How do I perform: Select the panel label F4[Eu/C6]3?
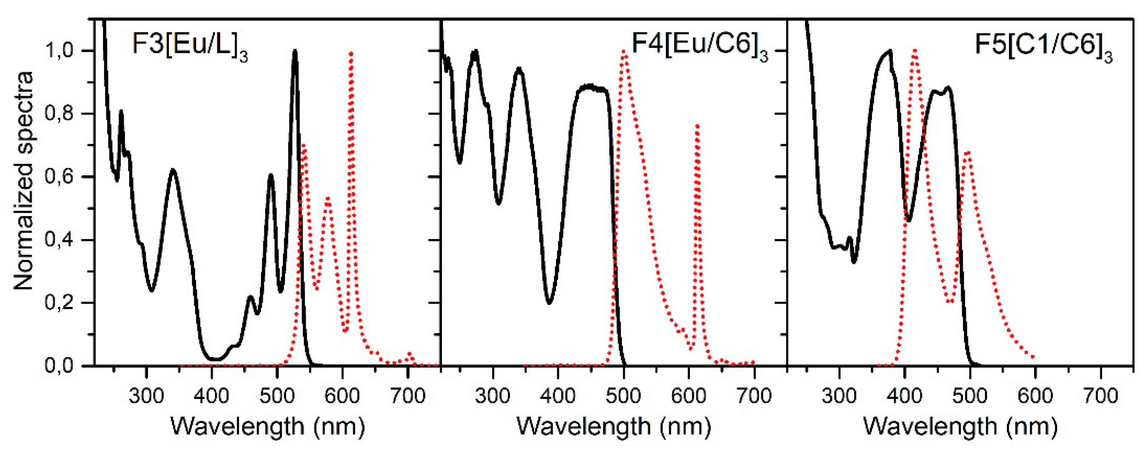coord(700,48)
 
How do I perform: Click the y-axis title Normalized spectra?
coord(23,180)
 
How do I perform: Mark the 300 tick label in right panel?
coord(839,395)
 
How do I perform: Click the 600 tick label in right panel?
coord(1035,395)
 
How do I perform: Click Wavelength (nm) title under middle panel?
coord(614,427)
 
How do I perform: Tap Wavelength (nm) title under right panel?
coord(960,427)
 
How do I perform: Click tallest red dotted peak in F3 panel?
coord(351,54)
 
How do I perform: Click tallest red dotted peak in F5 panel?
coord(914,51)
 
